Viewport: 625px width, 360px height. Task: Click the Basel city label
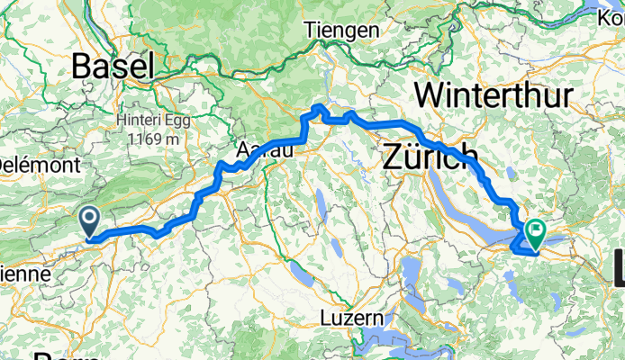113,65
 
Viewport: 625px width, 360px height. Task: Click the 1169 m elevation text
151,139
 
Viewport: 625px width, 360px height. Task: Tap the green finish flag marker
535,234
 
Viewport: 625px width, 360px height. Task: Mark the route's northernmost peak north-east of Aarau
318,108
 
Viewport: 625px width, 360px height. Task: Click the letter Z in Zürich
393,157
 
